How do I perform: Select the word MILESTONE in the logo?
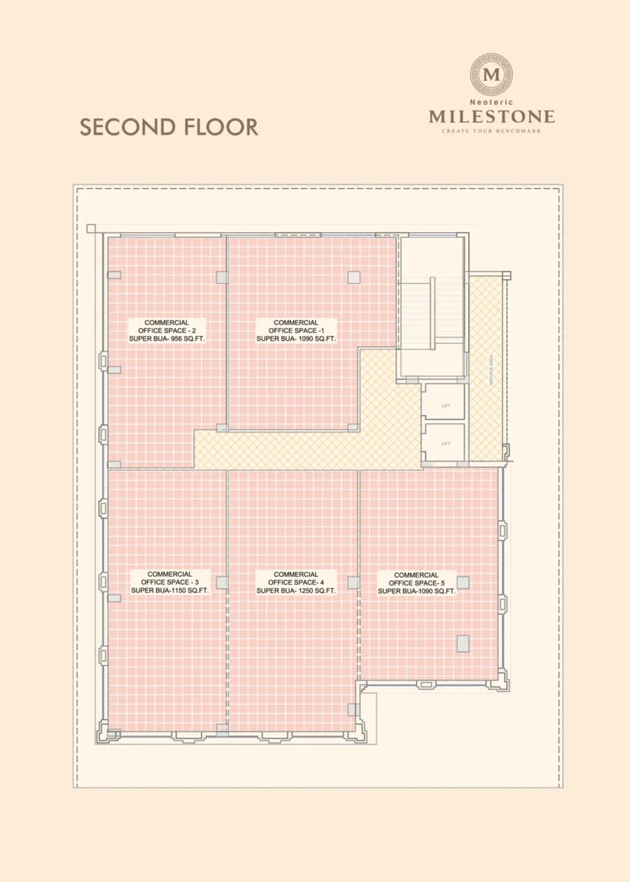[x=491, y=117]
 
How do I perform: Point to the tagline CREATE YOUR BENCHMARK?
[x=491, y=130]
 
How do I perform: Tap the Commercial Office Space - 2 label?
[x=167, y=330]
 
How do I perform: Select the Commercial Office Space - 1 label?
[x=295, y=330]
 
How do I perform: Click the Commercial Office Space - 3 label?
[x=170, y=582]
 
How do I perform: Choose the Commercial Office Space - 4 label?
[x=295, y=582]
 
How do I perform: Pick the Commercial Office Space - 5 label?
[x=416, y=583]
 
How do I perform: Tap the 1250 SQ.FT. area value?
[x=313, y=590]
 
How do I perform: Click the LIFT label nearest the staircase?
[x=446, y=404]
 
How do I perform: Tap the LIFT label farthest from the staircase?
[x=446, y=443]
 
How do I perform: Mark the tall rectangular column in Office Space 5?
[x=463, y=642]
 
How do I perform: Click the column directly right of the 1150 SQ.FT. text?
[x=221, y=582]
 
